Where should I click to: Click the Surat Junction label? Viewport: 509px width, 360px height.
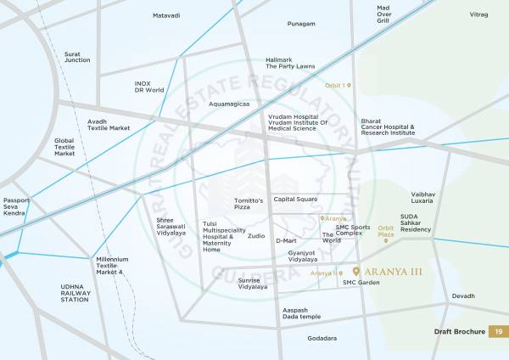tap(77, 57)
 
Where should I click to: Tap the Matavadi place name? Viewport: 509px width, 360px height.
tap(166, 15)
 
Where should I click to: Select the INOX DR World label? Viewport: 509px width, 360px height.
tap(148, 87)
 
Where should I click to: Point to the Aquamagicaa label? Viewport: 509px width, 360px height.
tap(229, 103)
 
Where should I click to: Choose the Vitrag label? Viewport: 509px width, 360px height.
tap(479, 14)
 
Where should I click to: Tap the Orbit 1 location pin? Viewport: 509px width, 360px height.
tap(348, 86)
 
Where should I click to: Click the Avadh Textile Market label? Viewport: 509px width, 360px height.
tap(109, 125)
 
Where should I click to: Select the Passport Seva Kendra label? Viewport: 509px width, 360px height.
tap(16, 206)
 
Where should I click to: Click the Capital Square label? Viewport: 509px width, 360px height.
tap(295, 200)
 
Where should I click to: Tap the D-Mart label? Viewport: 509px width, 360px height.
tap(286, 240)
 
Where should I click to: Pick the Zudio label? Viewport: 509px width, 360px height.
tap(256, 235)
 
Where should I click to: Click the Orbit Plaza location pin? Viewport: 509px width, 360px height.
tap(386, 241)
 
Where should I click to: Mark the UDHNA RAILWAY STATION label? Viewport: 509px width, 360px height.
tap(75, 293)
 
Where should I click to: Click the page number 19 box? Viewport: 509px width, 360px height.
tap(499, 332)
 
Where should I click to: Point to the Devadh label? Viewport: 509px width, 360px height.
tap(463, 295)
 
